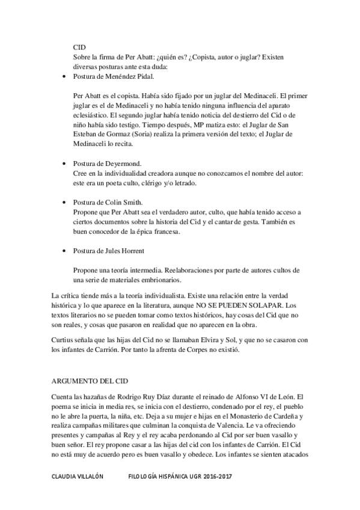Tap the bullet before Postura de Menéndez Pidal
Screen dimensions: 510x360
(x=65, y=78)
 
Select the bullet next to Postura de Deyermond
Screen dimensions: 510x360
(x=65, y=163)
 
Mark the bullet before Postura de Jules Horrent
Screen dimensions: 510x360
(x=65, y=250)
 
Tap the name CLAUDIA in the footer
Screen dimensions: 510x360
(x=66, y=476)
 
